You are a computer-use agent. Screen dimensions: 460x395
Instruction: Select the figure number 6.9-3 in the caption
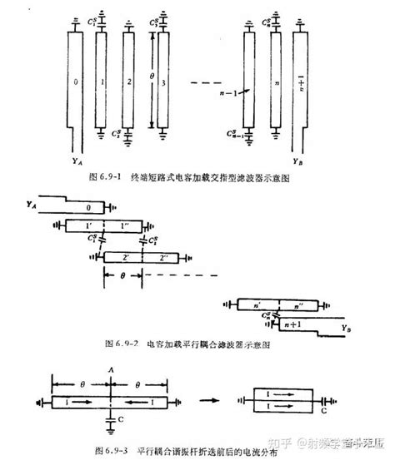pyautogui.click(x=114, y=450)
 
